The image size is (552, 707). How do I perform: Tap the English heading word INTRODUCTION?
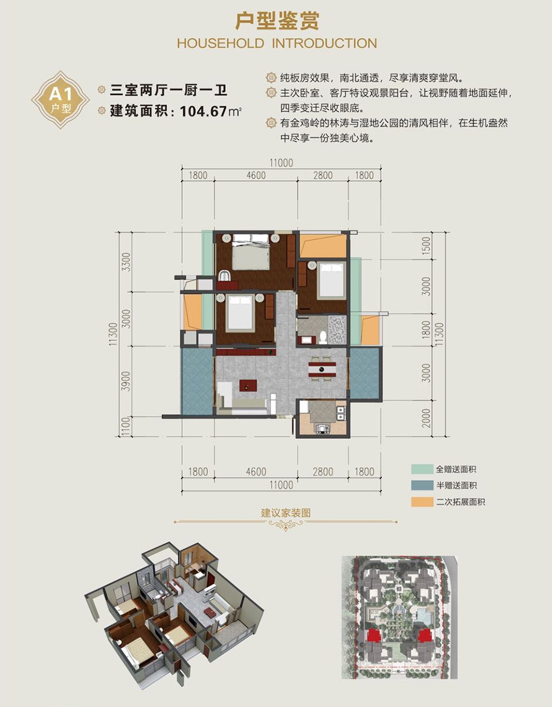click(324, 44)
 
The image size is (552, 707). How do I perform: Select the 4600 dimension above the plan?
click(256, 175)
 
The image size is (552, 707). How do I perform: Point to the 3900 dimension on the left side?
click(126, 381)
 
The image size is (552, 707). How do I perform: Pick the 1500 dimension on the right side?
click(426, 246)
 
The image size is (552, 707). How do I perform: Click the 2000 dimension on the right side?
click(426, 418)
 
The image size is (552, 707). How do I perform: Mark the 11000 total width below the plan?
click(281, 485)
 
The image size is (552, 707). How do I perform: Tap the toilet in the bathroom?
click(323, 337)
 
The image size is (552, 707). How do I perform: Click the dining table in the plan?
click(322, 369)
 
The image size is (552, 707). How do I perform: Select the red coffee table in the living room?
click(248, 386)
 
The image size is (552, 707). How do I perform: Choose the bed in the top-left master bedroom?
click(251, 252)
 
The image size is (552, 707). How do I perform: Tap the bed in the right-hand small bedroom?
click(331, 280)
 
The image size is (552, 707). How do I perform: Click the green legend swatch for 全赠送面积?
click(422, 469)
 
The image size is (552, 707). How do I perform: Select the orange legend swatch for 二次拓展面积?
click(422, 502)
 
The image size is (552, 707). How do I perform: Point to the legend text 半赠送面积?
click(456, 486)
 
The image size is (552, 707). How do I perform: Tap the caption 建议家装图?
click(286, 513)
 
